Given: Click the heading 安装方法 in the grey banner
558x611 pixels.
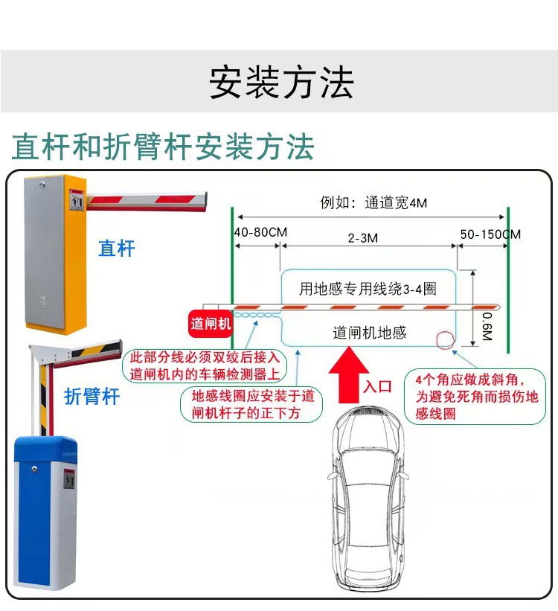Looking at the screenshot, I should [280, 82].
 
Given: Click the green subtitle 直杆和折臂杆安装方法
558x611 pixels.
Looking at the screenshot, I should [163, 147].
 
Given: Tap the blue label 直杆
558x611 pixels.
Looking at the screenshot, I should [117, 248].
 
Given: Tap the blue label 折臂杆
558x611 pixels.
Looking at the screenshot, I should [92, 396].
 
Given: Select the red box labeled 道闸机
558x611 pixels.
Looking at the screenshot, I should [211, 324].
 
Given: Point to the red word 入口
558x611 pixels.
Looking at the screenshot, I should [377, 386].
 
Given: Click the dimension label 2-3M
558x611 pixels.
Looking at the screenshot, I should [363, 237].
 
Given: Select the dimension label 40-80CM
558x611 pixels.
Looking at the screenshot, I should [260, 232].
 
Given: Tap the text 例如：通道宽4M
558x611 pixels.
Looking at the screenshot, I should [373, 203].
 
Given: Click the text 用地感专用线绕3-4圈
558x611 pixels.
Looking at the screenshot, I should [367, 289].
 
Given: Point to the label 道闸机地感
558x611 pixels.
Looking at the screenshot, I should [369, 333].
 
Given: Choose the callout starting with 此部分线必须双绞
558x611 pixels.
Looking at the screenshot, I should [205, 365].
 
